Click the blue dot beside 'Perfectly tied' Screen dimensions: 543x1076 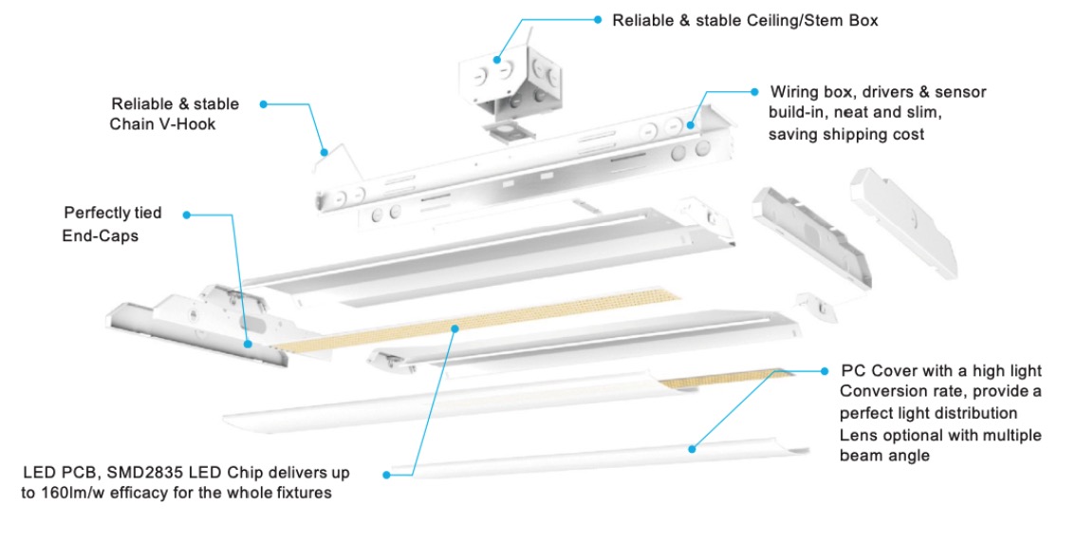tap(187, 215)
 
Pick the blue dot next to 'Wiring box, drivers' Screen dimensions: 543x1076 tap(754, 92)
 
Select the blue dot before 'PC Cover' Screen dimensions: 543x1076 tap(825, 370)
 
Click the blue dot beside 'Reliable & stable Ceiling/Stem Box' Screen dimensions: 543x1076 tap(598, 19)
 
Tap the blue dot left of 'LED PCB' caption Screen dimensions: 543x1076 tap(387, 473)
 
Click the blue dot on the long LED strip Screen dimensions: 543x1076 tap(456, 328)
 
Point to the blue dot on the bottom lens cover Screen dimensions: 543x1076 tap(692, 447)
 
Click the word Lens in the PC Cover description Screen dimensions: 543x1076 tap(859, 435)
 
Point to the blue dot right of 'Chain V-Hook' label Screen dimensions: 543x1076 tap(263, 103)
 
